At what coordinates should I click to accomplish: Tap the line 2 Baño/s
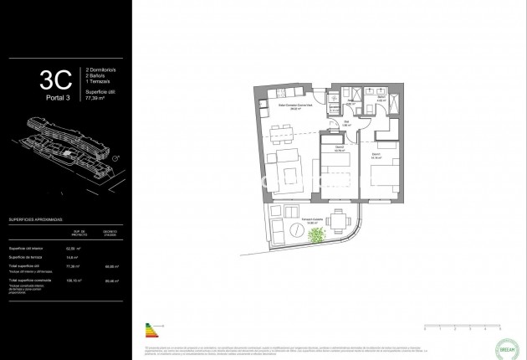pos(98,78)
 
